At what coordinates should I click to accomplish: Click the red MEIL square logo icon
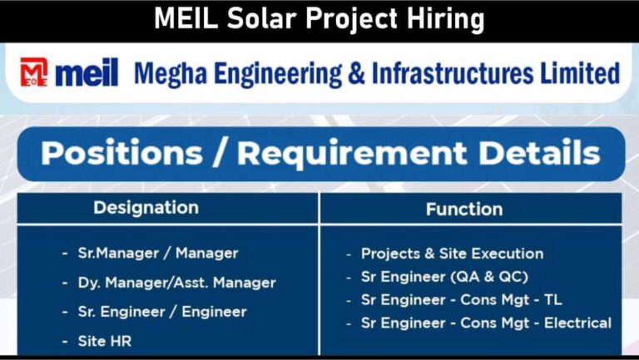pos(34,72)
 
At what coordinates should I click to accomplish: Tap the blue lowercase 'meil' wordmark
pos(87,72)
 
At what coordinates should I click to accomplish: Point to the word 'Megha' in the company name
pos(171,74)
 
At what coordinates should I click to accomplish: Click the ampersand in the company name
pos(356,73)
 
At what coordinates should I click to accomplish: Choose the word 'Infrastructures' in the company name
pos(453,73)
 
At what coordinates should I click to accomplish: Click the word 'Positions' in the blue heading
pos(121,153)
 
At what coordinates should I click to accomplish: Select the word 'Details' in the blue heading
pos(539,153)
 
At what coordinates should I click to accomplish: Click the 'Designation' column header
pos(146,208)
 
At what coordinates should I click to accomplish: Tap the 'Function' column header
pos(464,210)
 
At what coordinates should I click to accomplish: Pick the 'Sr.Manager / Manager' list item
pos(158,254)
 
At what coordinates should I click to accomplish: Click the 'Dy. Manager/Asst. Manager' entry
pos(177,283)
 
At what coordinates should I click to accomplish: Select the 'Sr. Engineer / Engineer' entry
pos(162,312)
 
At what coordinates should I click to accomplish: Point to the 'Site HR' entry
pos(105,341)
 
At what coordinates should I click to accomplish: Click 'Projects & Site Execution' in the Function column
pos(453,254)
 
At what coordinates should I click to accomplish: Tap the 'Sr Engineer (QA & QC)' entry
pos(444,277)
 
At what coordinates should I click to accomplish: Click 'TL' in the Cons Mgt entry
pos(553,300)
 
